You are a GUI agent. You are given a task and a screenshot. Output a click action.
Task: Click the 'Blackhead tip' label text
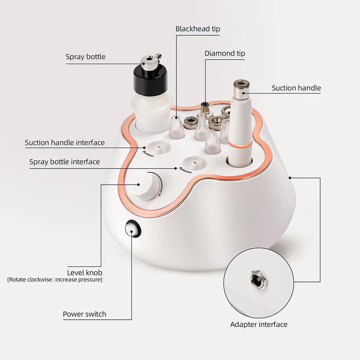[198, 29]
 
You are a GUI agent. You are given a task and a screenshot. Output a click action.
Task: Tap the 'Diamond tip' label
[225, 54]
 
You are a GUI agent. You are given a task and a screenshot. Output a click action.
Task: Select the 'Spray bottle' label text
[86, 57]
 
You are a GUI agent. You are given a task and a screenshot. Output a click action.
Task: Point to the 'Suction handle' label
[296, 88]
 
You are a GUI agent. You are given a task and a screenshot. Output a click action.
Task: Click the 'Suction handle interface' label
[65, 143]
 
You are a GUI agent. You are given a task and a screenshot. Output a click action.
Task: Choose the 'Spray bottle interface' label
[64, 162]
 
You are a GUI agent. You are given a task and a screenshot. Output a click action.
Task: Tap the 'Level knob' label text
[85, 273]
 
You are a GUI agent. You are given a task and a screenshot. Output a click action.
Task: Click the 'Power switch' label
[85, 314]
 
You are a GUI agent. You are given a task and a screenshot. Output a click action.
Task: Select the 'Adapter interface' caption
[259, 324]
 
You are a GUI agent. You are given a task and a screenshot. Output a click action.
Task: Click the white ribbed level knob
[145, 186]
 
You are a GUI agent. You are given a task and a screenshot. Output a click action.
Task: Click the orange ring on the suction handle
[240, 145]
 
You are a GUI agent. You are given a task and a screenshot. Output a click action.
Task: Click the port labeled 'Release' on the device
[195, 163]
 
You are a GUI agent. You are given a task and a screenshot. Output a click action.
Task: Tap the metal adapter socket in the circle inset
[259, 280]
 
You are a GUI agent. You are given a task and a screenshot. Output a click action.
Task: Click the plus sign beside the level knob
[159, 195]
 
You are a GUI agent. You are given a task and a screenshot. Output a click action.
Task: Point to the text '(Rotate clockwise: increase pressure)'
[55, 280]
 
